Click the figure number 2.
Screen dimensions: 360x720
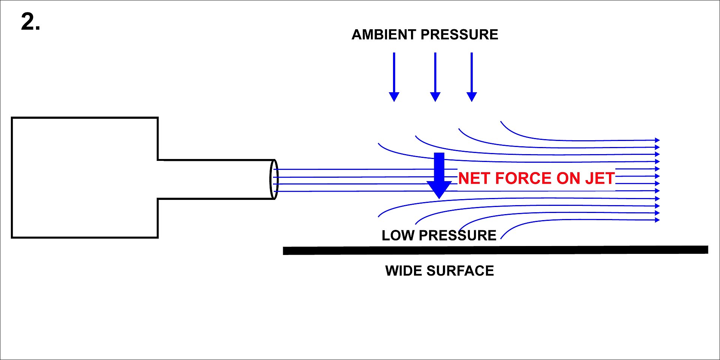coord(30,22)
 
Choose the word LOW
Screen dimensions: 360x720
coord(398,235)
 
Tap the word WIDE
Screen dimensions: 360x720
coord(403,271)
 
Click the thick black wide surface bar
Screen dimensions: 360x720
coord(495,250)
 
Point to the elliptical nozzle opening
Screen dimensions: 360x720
coord(274,179)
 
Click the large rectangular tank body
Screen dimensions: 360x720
coord(84,177)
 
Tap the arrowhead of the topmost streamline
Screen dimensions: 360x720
coord(657,140)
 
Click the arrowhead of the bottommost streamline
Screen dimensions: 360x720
coord(657,220)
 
